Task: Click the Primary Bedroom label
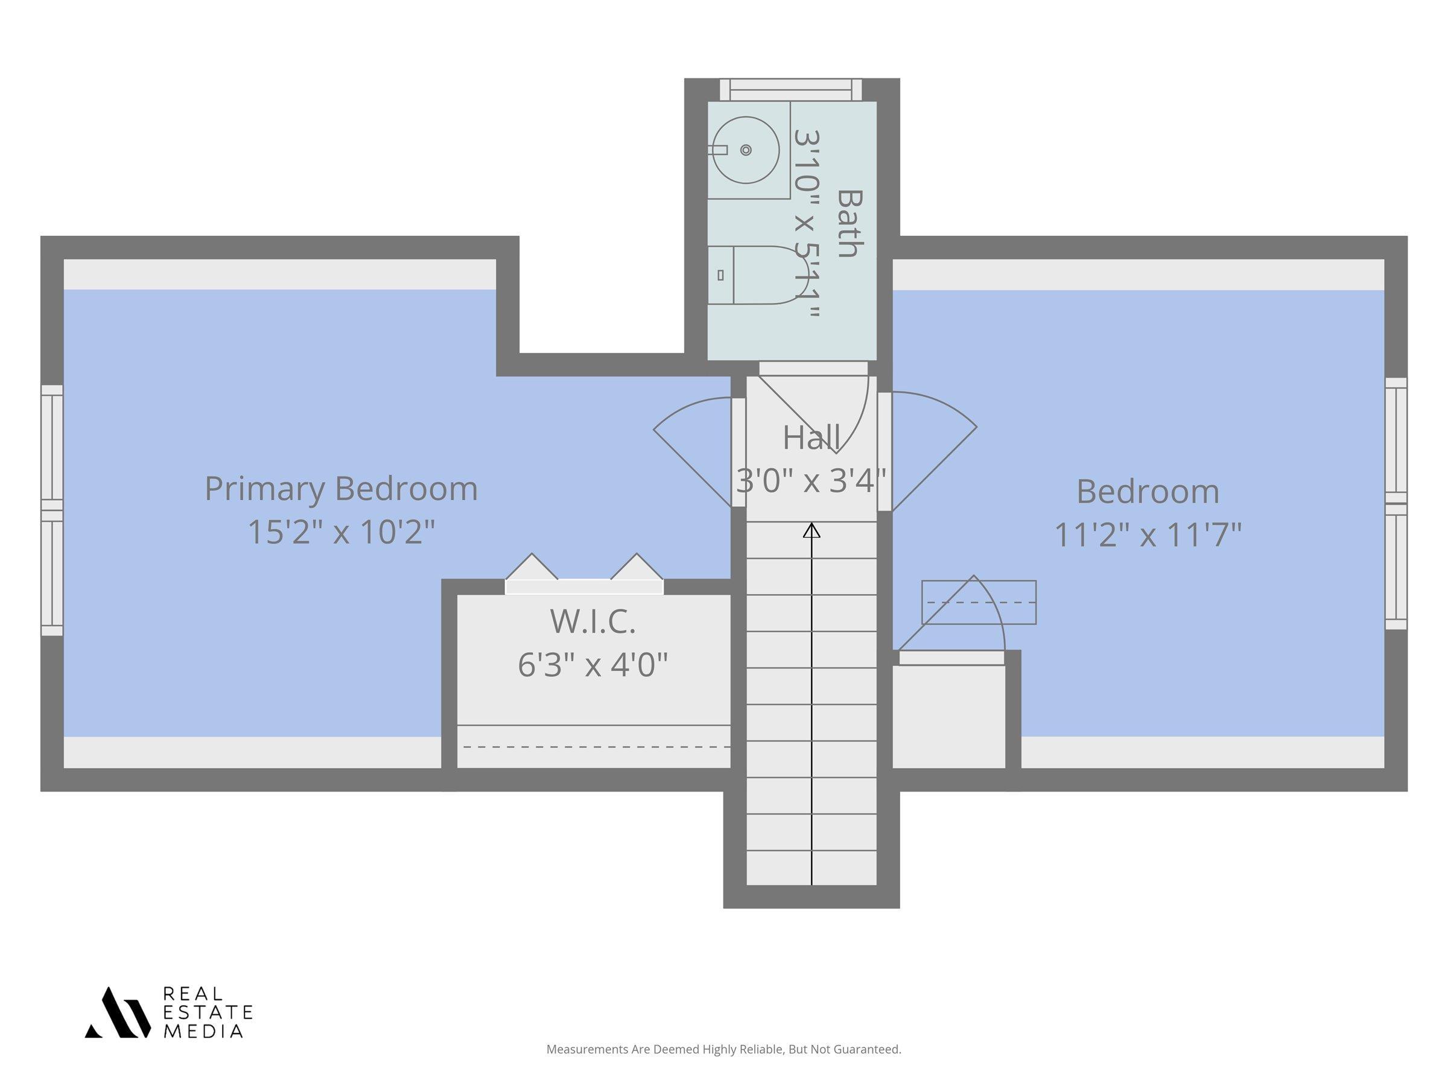coord(341,489)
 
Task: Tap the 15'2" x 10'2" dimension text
coord(341,532)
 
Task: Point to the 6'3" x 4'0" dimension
coord(592,665)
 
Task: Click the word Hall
coord(811,437)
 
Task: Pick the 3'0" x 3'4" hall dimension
coord(811,480)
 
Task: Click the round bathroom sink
coord(746,150)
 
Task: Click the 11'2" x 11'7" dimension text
coord(1148,535)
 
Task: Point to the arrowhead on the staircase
coord(811,530)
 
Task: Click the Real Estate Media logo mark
coord(118,1012)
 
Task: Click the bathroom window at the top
coord(792,89)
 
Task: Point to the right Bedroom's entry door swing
coord(933,452)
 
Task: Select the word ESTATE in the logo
coord(208,1012)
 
